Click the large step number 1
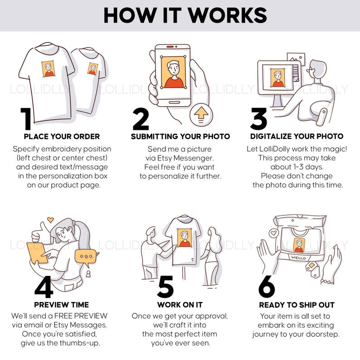26,118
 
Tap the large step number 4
44,287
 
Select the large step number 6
267,286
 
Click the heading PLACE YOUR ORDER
62,136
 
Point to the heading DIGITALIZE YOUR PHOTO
297,136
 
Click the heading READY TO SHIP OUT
297,305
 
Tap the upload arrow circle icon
201,115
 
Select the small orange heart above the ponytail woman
50,220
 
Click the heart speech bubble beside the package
274,233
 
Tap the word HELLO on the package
298,258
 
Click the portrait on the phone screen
173,72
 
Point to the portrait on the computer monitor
277,78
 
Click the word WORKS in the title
228,15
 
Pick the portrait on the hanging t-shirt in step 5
185,238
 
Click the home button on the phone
174,102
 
